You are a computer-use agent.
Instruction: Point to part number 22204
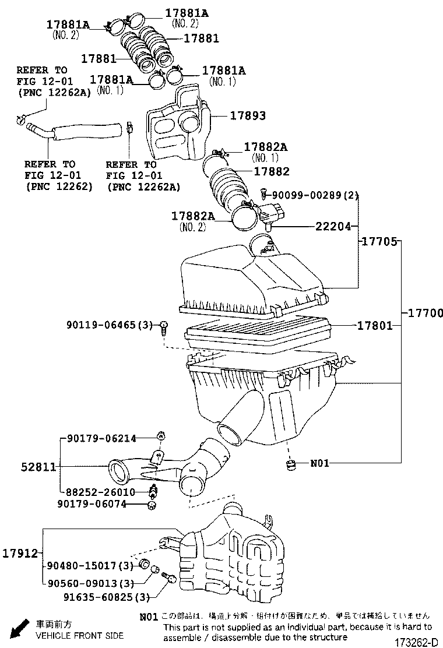point(333,226)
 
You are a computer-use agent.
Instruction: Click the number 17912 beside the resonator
point(22,552)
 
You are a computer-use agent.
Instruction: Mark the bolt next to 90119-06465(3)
point(165,327)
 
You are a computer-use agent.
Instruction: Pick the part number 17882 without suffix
point(272,172)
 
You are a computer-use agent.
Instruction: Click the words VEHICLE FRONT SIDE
point(79,635)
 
